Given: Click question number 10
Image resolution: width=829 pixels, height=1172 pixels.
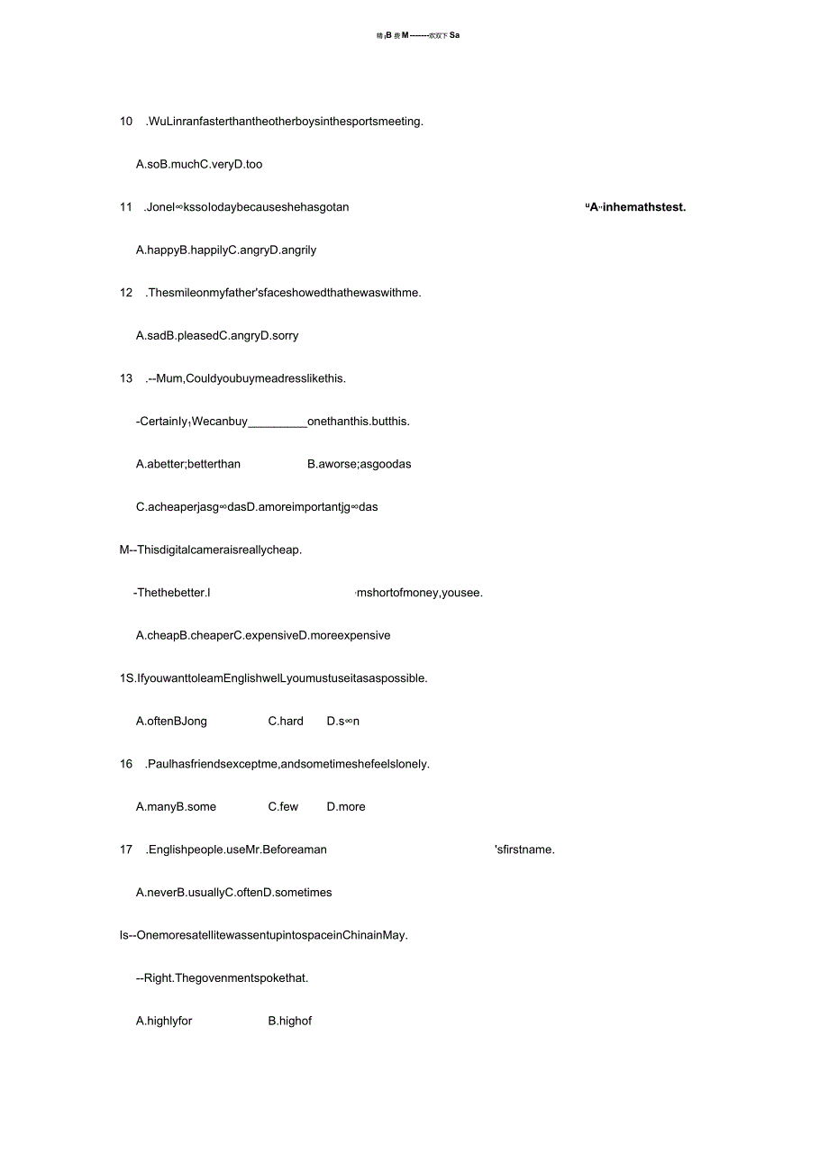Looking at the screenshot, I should tap(126, 122).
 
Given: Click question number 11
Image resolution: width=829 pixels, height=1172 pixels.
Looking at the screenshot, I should tap(126, 207).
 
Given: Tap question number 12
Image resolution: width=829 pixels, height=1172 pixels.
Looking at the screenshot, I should tap(126, 293).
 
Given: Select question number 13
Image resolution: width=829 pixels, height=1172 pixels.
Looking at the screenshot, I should tap(126, 378).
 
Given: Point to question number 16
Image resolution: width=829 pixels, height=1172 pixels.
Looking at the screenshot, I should tap(126, 764).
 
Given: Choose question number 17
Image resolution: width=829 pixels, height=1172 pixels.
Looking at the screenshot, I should tap(126, 849).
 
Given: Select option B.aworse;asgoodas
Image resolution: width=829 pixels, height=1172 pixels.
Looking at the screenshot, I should tap(359, 464).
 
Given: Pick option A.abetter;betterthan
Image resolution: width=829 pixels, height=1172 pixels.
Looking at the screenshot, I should tap(188, 464).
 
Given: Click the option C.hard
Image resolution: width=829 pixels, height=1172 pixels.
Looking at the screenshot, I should tap(286, 721).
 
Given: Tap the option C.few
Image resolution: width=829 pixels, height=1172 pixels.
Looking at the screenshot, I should tap(283, 806).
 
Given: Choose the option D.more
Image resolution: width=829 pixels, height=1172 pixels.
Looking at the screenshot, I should tap(346, 806).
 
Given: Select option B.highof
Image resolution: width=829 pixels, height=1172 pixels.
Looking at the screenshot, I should tap(290, 1021).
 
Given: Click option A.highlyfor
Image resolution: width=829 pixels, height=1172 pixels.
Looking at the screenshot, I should tap(164, 1021).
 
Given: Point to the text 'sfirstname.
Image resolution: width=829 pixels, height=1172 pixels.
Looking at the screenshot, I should tap(524, 849).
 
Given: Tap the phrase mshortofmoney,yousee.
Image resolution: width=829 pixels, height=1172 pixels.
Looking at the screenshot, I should tap(419, 593).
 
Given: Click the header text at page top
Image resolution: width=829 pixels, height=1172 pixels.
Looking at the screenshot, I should tap(417, 36).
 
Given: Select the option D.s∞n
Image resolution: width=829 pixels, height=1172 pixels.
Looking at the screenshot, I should tap(342, 721).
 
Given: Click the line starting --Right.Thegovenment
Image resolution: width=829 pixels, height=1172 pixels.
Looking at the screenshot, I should tap(222, 977).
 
